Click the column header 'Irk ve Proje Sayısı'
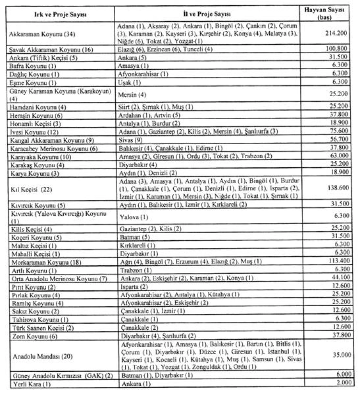(x=60, y=14)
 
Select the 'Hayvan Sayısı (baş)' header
(x=328, y=13)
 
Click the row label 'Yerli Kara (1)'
(x=29, y=384)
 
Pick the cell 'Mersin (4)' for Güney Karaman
(x=131, y=94)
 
